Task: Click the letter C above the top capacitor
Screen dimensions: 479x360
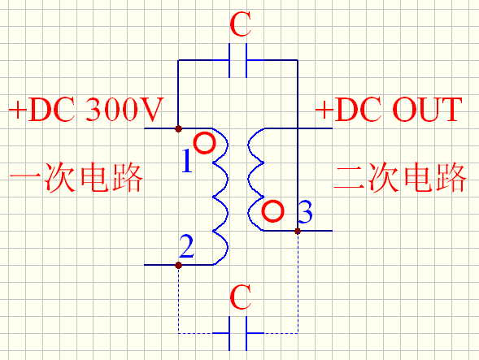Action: (x=241, y=24)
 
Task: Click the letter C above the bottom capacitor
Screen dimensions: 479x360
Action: (x=241, y=297)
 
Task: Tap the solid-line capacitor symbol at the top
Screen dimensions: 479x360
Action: (x=238, y=60)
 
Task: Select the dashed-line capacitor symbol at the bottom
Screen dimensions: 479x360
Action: (x=238, y=333)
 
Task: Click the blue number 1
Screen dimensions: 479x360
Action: (x=187, y=161)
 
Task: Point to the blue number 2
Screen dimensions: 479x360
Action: (x=186, y=246)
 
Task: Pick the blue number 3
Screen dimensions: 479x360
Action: (x=305, y=211)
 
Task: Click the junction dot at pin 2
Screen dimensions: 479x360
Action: (x=179, y=265)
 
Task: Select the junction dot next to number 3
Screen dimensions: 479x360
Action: (x=298, y=231)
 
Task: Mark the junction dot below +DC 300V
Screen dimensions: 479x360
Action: (x=179, y=128)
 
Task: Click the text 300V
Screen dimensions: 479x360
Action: (x=124, y=110)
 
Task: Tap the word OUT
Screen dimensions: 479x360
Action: (x=427, y=110)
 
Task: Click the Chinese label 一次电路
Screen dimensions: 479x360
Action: (x=76, y=177)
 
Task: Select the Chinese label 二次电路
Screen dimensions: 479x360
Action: (x=400, y=177)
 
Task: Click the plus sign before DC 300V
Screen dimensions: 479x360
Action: (x=18, y=110)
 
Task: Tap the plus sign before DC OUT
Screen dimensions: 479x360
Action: (x=324, y=110)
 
